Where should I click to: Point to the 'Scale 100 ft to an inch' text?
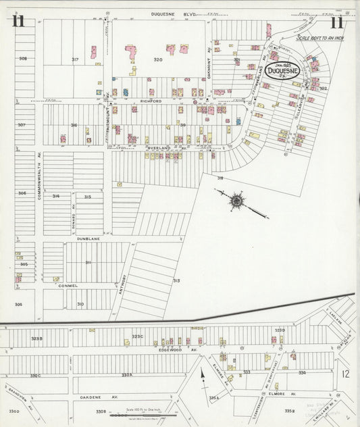pos(317,39)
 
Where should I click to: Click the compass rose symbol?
pos(237,200)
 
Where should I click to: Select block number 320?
pos(158,59)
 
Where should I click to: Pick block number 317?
pos(75,59)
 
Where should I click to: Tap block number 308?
pos(22,59)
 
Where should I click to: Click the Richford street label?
pos(151,101)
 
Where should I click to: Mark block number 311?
pos(88,262)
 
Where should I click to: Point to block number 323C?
pos(138,336)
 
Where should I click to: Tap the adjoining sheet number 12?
pos(344,374)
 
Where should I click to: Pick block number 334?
pos(302,372)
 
